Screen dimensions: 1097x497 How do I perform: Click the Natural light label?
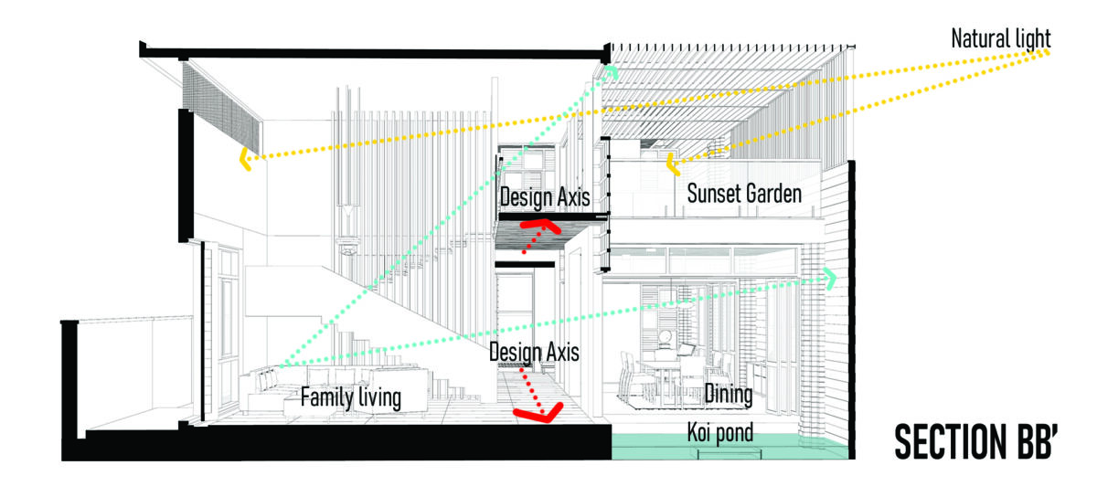pos(1000,38)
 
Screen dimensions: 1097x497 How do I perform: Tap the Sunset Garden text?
pos(744,194)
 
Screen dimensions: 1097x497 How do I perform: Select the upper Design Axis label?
pos(545,197)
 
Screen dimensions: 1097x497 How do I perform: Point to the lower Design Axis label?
pos(534,352)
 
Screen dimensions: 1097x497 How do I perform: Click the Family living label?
pos(351,397)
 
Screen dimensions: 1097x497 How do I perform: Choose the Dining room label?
pos(729,394)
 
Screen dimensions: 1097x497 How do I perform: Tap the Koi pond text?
pos(720,433)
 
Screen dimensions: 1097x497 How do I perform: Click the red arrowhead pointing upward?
pos(541,226)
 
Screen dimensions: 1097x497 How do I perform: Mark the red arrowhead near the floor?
pos(539,414)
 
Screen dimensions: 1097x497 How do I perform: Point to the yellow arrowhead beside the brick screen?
pos(245,160)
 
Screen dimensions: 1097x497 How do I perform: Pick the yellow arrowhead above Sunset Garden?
pos(673,165)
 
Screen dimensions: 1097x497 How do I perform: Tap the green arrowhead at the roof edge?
pos(612,72)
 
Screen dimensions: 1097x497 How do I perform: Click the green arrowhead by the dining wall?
pos(831,279)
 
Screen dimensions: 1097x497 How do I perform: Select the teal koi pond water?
pos(730,448)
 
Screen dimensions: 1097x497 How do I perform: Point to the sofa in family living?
pos(333,389)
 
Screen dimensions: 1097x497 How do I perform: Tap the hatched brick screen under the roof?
pos(221,108)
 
